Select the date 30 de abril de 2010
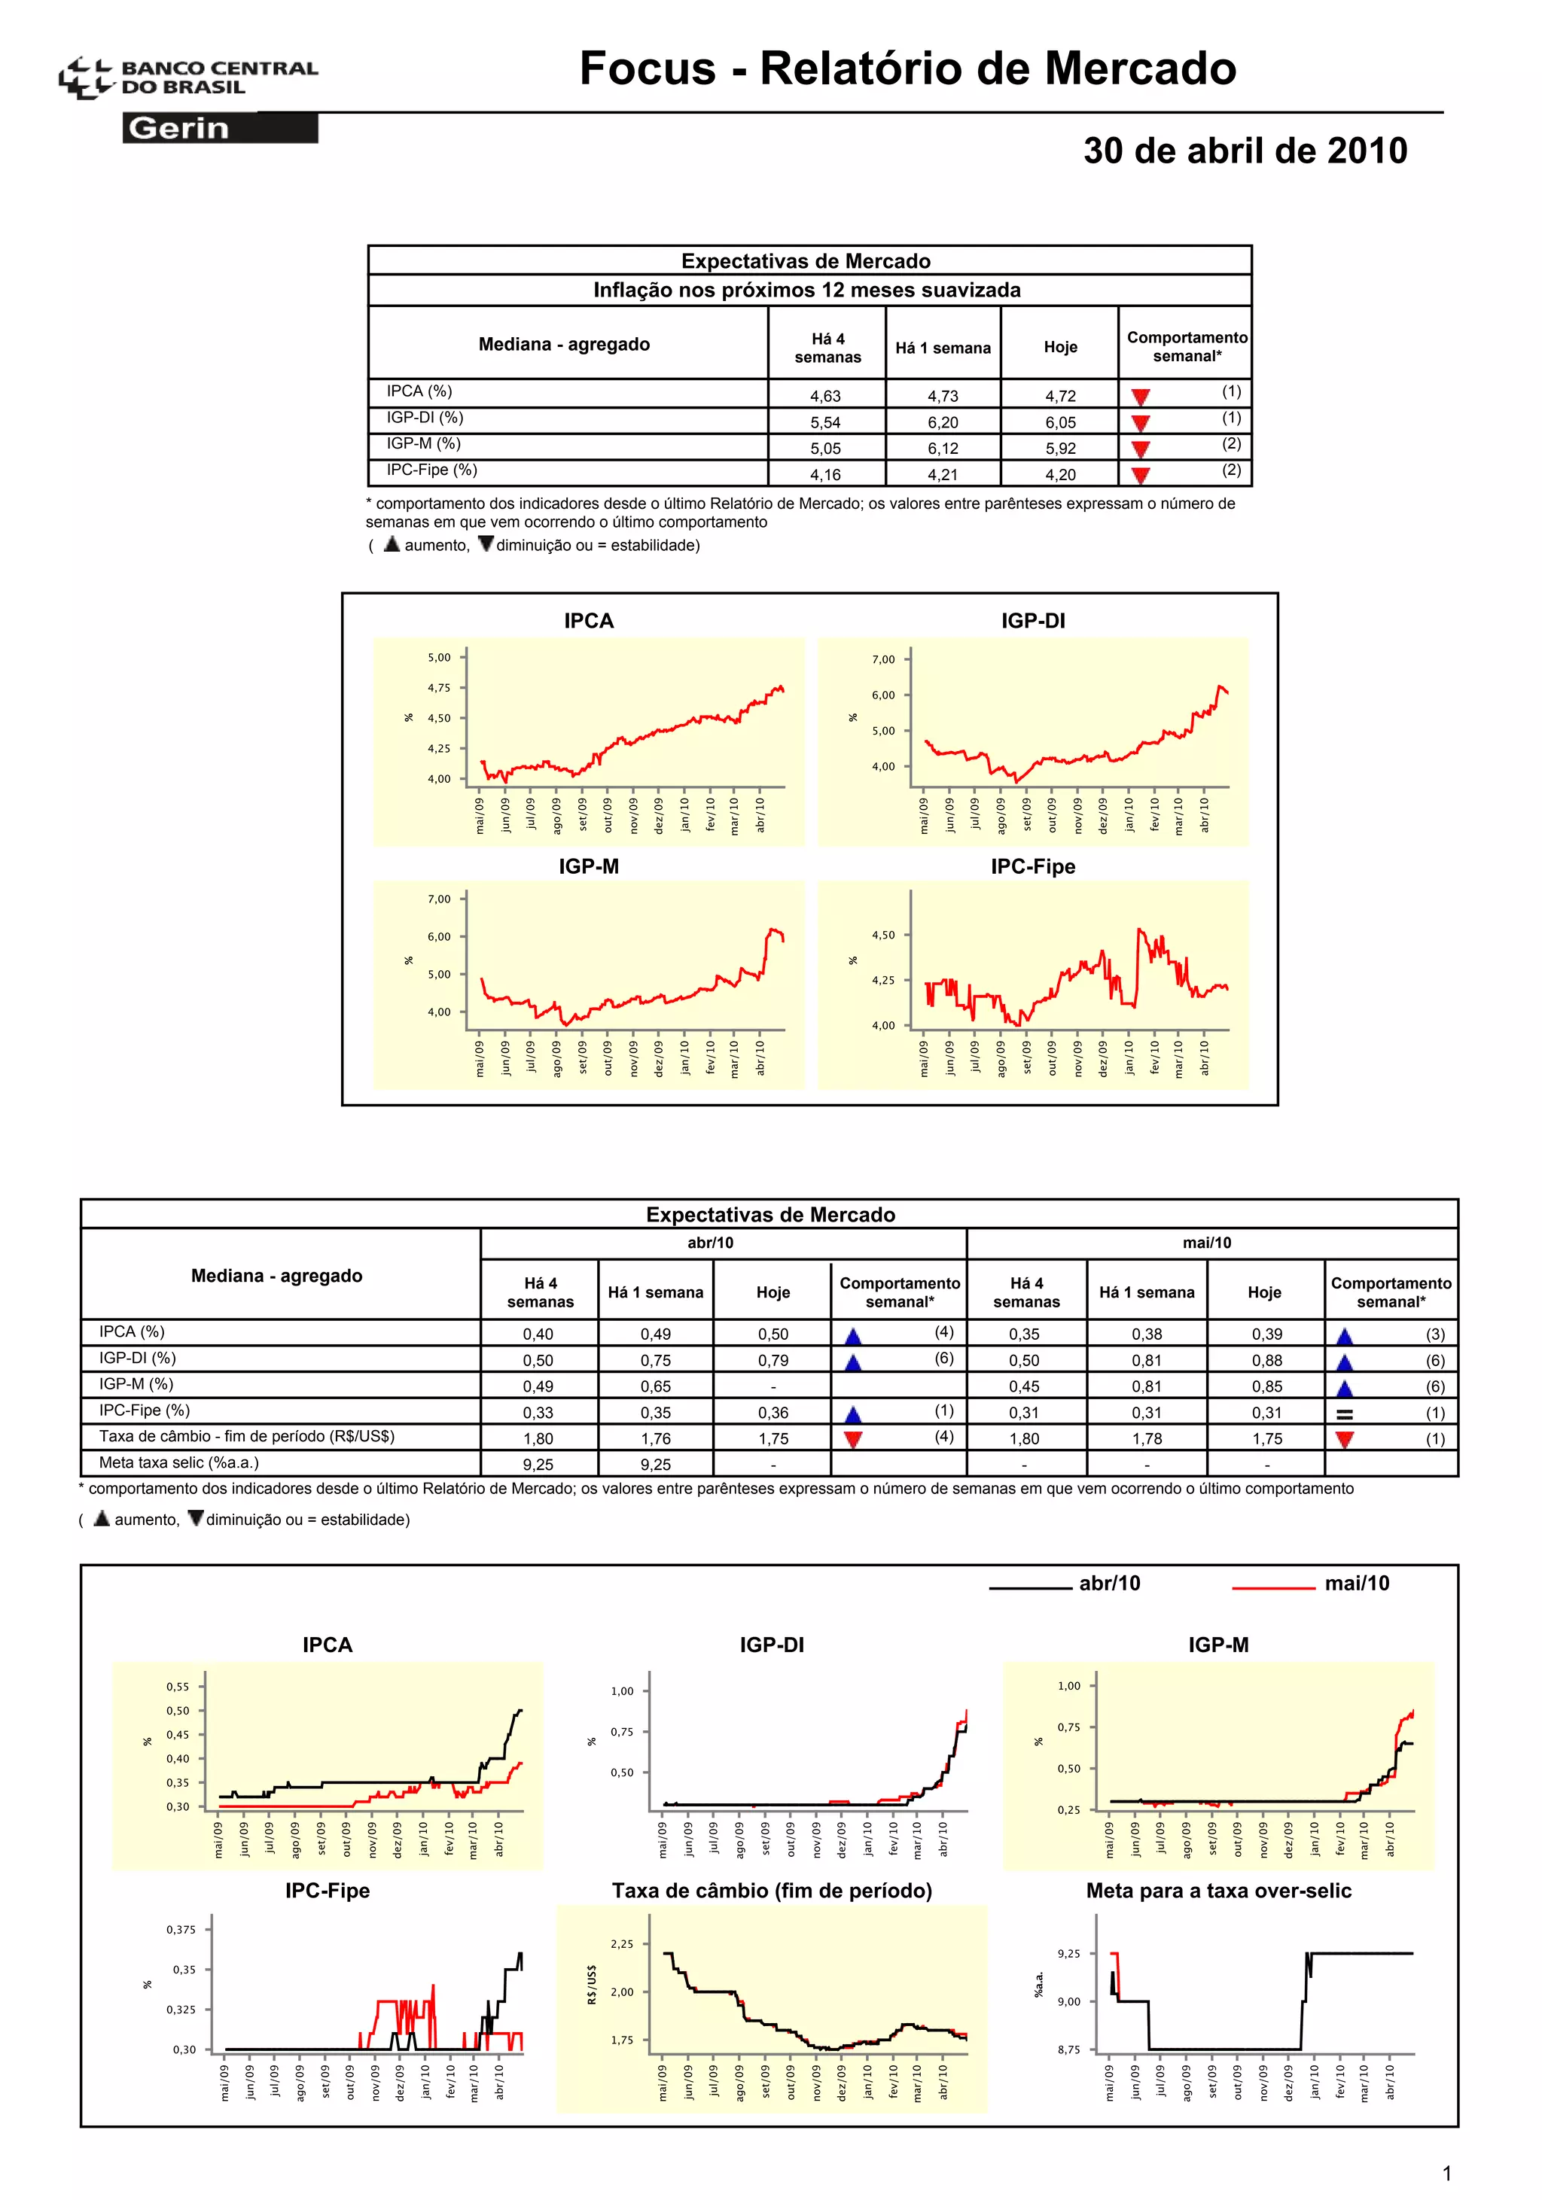click(1245, 151)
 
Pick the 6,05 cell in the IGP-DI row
click(1060, 422)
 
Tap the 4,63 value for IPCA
click(825, 396)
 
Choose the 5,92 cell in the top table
click(1060, 449)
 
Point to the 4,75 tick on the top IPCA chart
click(439, 688)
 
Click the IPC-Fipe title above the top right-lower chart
click(1032, 867)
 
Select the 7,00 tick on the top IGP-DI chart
click(882, 660)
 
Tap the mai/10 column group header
click(1207, 1243)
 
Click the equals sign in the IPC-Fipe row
click(1345, 1414)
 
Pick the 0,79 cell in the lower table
click(773, 1361)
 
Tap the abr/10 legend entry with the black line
click(1064, 1584)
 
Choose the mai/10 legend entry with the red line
click(1310, 1584)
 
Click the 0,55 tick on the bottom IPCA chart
click(178, 1687)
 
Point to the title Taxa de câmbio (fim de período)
click(772, 1891)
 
